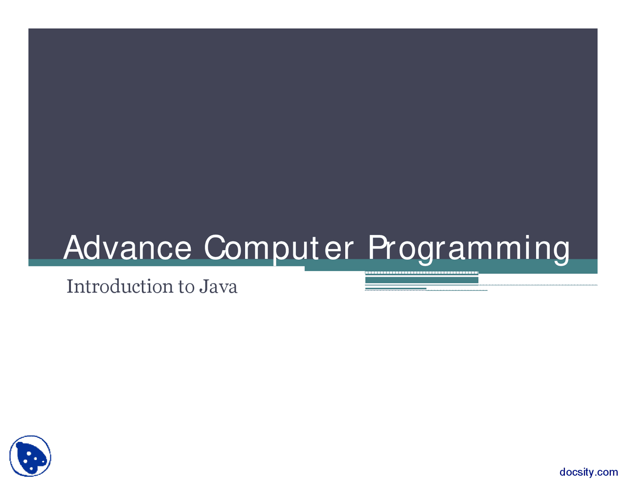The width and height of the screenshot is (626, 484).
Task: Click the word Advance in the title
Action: click(127, 248)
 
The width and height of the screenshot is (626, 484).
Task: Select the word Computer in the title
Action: click(278, 248)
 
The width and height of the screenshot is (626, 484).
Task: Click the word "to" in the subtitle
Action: click(186, 287)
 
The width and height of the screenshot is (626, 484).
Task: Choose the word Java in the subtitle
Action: click(218, 286)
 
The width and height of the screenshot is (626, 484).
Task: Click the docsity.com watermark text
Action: click(588, 472)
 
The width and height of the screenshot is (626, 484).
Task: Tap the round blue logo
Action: click(30, 456)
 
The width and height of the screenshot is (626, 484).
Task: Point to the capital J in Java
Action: click(202, 287)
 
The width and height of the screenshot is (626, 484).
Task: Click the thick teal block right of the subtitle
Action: click(422, 280)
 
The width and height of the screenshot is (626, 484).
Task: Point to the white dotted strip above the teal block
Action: click(422, 273)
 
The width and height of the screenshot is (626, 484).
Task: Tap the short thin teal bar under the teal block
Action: click(396, 288)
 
